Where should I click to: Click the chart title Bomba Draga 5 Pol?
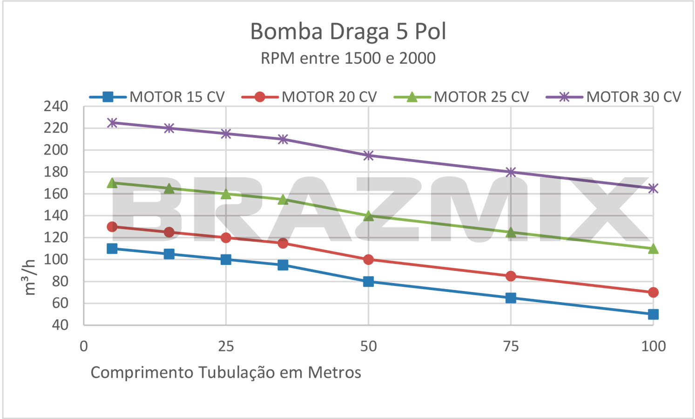348,32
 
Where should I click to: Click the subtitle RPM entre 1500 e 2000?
348,58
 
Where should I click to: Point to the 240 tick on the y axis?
56,106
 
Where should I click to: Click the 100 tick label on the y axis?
56,259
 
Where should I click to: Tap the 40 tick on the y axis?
60,325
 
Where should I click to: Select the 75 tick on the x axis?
511,346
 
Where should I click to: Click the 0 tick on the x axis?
84,346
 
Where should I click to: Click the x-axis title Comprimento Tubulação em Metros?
226,372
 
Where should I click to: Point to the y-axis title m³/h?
29,277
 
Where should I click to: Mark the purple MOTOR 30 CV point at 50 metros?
368,155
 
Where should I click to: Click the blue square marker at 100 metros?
653,314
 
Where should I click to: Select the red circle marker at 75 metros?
511,276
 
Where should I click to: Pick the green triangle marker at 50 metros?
368,216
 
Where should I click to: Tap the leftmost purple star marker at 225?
112,123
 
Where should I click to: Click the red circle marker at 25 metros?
226,238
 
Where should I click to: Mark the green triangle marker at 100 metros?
653,249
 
